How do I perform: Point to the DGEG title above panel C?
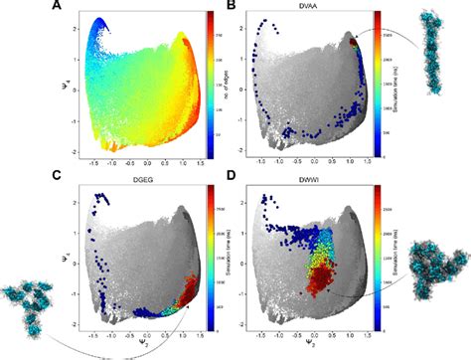coord(116,182)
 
